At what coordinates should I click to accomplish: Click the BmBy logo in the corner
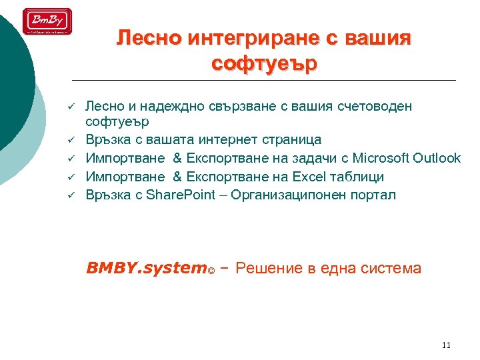pyautogui.click(x=47, y=21)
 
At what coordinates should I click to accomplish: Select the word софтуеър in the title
pyautogui.click(x=265, y=65)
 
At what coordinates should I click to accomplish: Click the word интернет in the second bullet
pyautogui.click(x=227, y=139)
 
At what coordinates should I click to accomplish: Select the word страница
pyautogui.click(x=287, y=139)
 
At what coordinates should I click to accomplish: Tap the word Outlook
pyautogui.click(x=437, y=158)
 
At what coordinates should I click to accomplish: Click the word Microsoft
pyautogui.click(x=378, y=158)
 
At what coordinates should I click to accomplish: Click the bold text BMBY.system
pyautogui.click(x=146, y=268)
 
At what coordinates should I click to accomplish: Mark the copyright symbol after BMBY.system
pyautogui.click(x=211, y=271)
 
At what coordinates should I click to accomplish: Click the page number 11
pyautogui.click(x=446, y=345)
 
